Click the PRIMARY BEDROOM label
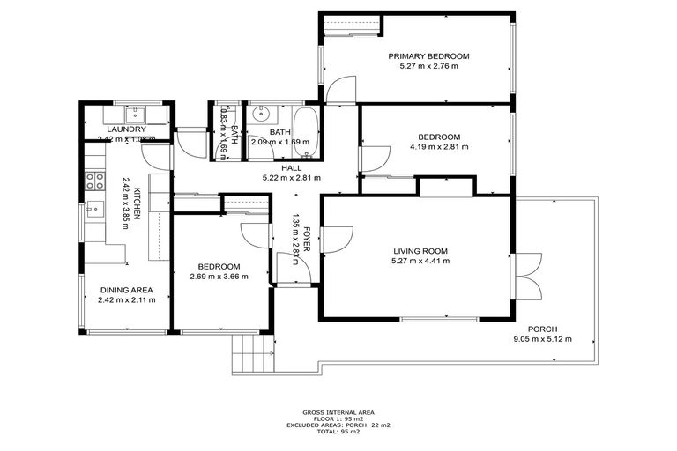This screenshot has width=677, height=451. pyautogui.click(x=429, y=56)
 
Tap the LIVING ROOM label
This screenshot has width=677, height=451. pyautogui.click(x=420, y=251)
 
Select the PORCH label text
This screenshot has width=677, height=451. pyautogui.click(x=541, y=329)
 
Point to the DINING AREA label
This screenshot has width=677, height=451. pyautogui.click(x=126, y=289)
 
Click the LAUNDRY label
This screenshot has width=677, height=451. pyautogui.click(x=126, y=129)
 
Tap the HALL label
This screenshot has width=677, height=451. pyautogui.click(x=291, y=167)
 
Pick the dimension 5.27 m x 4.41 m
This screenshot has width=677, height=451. pyautogui.click(x=420, y=261)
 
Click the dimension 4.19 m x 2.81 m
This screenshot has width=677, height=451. pyautogui.click(x=438, y=147)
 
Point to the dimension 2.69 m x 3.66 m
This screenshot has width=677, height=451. pyautogui.click(x=219, y=277)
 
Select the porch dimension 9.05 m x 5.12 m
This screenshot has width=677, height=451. pyautogui.click(x=541, y=339)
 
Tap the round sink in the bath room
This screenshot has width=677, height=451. pyautogui.click(x=261, y=115)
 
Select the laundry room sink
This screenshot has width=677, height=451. pyautogui.click(x=138, y=112)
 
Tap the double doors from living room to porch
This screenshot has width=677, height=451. pyautogui.click(x=527, y=274)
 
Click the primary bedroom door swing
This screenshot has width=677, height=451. pyautogui.click(x=338, y=88)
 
